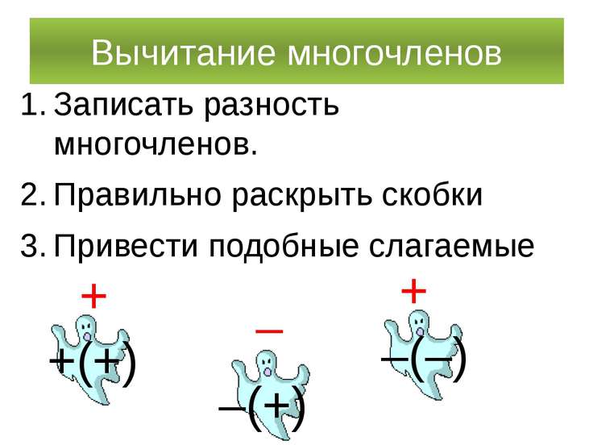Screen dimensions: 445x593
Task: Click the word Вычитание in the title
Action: (185, 53)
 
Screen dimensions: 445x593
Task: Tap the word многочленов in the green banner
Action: (395, 53)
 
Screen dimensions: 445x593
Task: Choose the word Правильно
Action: (135, 195)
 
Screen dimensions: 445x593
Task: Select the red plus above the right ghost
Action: (413, 290)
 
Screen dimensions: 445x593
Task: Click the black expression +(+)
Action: (92, 364)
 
